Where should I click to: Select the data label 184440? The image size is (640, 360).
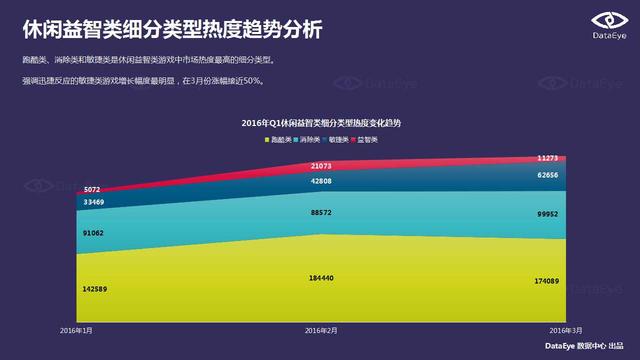[321, 277]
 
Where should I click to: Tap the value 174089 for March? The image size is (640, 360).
[551, 282]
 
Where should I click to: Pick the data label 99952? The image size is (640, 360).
[553, 213]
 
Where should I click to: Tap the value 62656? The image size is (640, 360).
[553, 174]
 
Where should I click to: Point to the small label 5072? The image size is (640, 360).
[92, 189]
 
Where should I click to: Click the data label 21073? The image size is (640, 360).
[321, 165]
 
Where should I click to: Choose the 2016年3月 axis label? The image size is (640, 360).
[565, 330]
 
